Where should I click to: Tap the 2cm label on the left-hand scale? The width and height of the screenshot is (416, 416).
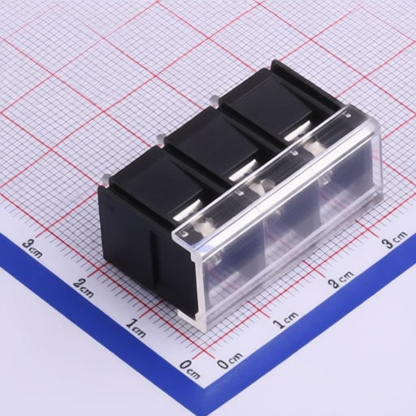point(84,288)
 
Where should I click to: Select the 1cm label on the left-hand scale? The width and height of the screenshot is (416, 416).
point(136,327)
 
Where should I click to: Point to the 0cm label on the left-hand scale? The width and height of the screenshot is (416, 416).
point(190,369)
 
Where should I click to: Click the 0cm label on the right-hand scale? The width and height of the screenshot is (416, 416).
point(230,360)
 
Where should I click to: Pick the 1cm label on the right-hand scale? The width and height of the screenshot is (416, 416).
point(285,320)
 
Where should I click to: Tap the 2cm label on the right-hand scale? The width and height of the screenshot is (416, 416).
point(340,279)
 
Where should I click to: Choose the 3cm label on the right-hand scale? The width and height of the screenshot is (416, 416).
point(395,239)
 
